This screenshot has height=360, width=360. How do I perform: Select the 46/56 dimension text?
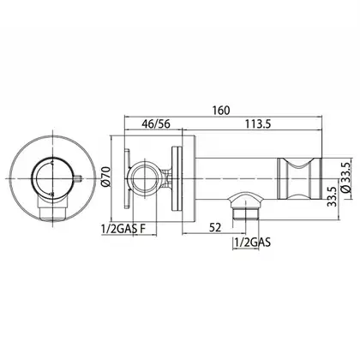point(156,124)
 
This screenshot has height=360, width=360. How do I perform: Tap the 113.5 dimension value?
point(258,124)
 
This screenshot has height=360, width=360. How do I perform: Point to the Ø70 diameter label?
point(105,177)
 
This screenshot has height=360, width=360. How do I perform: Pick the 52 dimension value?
point(215,228)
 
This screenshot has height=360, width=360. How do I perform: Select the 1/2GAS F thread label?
point(123,229)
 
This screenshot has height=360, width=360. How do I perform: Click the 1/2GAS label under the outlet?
point(252,243)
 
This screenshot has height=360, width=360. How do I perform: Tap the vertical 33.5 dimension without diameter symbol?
point(332,197)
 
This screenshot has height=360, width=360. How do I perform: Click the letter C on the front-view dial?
point(51,163)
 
